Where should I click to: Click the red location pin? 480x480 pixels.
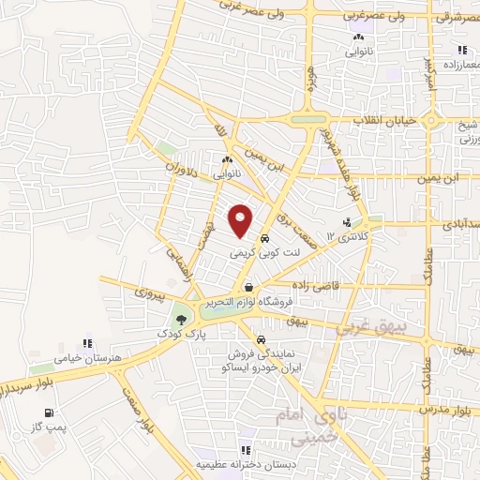click(241, 220)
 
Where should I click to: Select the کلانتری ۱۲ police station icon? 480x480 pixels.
click(349, 222)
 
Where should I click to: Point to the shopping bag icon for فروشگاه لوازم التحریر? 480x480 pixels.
click(248, 288)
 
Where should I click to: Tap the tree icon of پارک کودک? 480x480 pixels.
click(181, 321)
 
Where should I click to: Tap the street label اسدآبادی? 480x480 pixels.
click(457, 225)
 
